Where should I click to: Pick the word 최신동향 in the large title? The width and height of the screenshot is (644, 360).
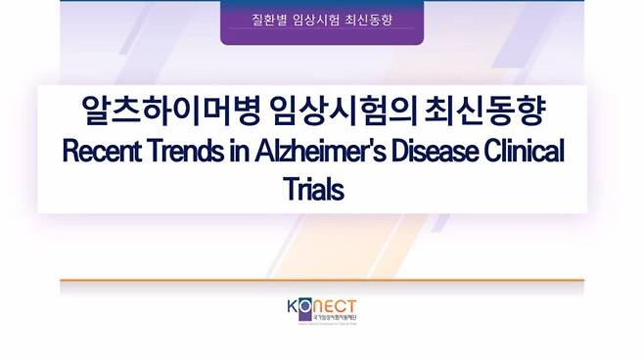[487, 112]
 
